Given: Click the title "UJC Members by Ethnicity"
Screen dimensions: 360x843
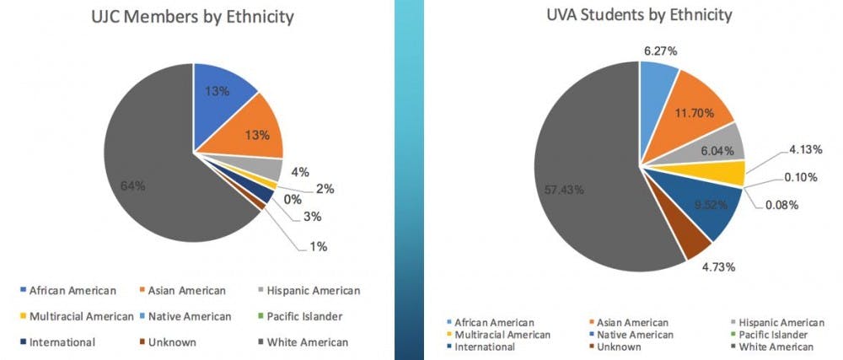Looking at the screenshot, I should (193, 17).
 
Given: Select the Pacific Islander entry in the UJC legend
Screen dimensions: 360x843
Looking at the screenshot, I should (303, 316).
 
